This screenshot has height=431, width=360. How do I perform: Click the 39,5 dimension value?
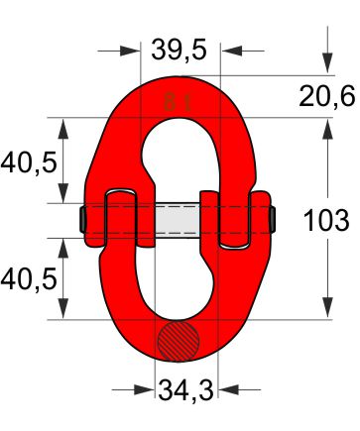pos(179,50)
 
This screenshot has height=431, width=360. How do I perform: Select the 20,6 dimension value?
pos(327,96)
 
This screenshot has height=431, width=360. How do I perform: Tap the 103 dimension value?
pos(326,220)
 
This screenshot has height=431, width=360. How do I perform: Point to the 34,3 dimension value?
pos(185,390)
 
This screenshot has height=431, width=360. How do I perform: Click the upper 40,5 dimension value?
pos(29,162)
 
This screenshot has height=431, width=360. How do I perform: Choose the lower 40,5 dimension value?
pos(29,279)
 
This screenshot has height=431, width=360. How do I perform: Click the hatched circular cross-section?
pos(179,341)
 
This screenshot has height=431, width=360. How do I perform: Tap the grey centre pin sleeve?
pos(178,220)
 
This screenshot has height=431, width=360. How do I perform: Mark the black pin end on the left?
pos(82,219)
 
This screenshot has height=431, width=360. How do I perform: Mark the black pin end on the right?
pos(273,219)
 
